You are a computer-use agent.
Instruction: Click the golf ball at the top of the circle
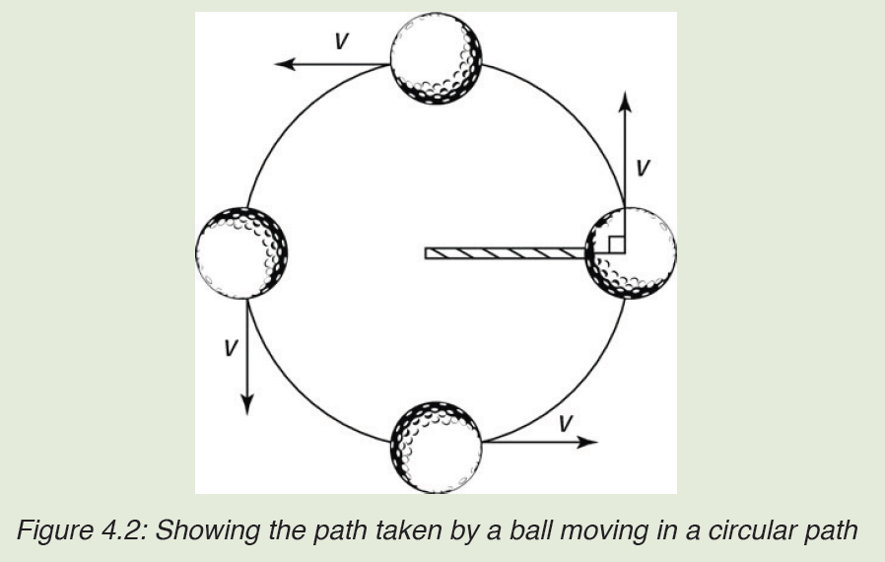click(436, 58)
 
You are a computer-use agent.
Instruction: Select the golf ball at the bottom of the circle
click(436, 448)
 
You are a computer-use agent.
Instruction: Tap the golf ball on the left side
click(241, 253)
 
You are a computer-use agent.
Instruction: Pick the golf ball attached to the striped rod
click(631, 253)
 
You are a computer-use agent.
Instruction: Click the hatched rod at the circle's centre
click(506, 253)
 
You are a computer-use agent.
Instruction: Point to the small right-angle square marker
click(616, 245)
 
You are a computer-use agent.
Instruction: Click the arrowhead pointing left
click(285, 64)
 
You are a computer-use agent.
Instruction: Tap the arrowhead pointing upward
click(624, 101)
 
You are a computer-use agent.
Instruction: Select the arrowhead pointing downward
click(246, 405)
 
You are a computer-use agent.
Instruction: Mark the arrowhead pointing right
click(587, 441)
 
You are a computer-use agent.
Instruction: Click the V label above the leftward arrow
click(341, 41)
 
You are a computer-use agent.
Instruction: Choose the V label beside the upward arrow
click(643, 168)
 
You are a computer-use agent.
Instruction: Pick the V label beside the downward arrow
click(231, 348)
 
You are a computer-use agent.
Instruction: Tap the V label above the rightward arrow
click(566, 423)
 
